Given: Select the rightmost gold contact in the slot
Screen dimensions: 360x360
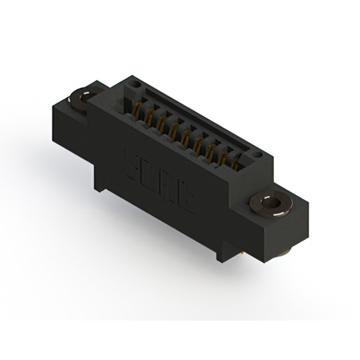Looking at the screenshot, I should pos(235,164).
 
